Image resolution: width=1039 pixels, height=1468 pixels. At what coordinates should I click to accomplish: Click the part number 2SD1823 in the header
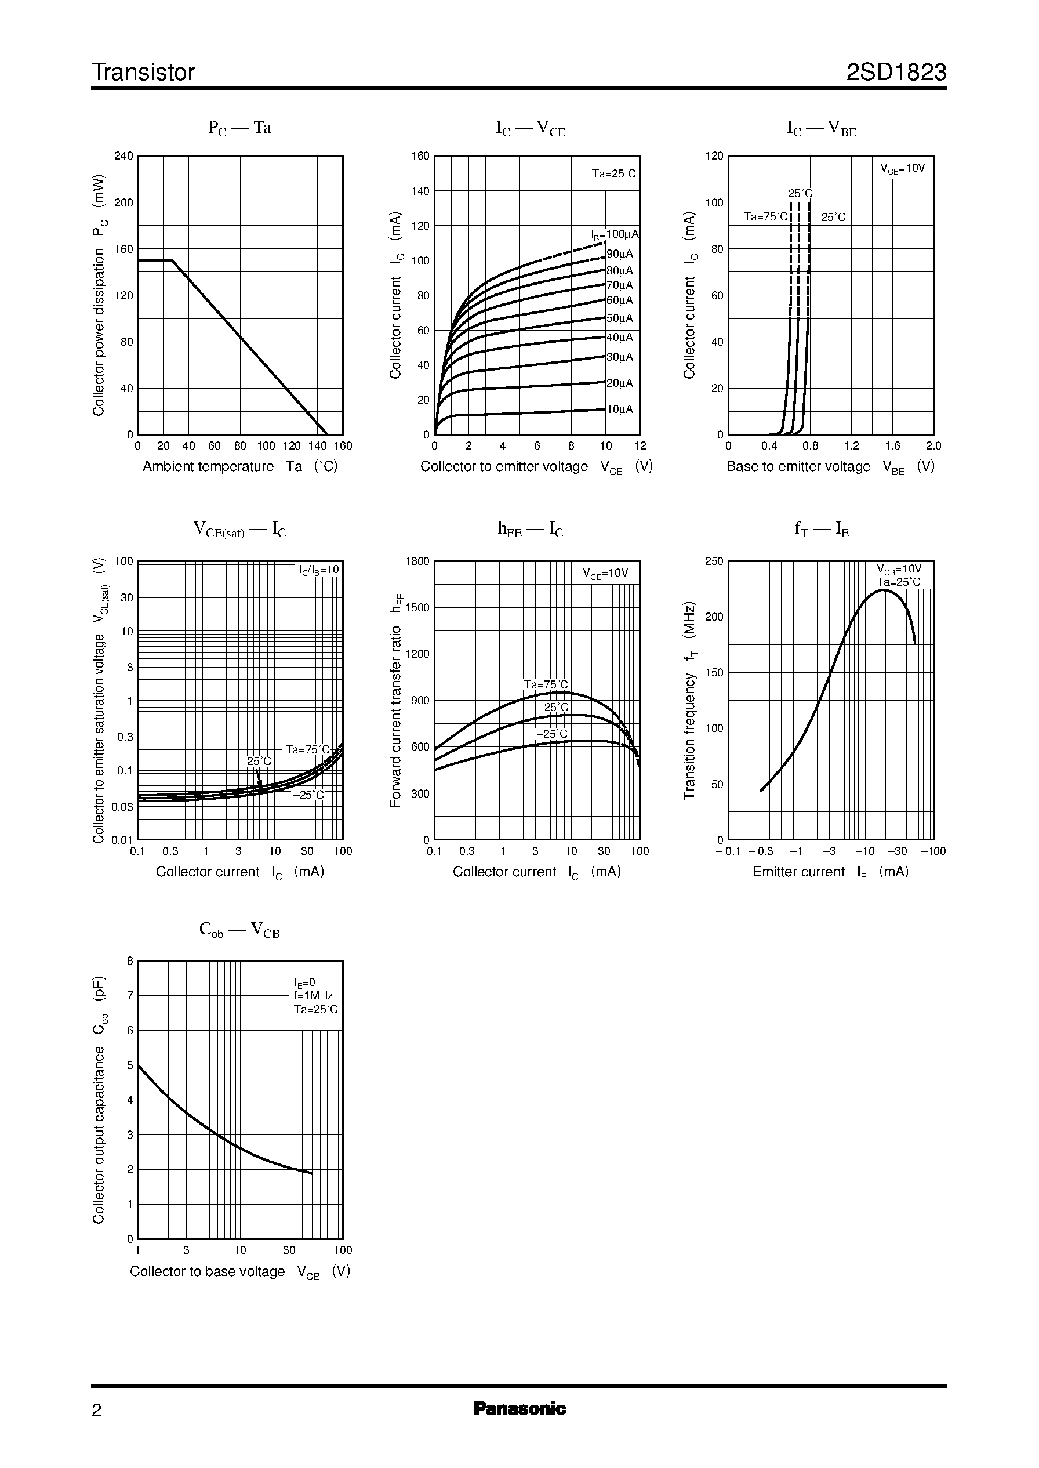(896, 73)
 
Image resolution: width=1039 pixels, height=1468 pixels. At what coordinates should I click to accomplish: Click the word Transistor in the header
(143, 73)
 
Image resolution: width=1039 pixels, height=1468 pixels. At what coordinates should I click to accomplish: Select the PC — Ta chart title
(239, 128)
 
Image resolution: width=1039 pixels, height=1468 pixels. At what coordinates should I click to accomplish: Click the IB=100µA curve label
(614, 235)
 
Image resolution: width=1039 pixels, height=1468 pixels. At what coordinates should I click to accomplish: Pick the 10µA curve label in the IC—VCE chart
(619, 409)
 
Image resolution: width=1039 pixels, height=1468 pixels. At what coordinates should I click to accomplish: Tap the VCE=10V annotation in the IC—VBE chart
(902, 169)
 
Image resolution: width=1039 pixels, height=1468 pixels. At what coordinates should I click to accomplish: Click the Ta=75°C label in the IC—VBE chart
(766, 217)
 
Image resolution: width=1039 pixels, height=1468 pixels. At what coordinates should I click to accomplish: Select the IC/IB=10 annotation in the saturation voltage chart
(319, 570)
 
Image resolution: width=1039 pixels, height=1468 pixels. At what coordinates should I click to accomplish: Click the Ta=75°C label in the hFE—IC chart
(546, 685)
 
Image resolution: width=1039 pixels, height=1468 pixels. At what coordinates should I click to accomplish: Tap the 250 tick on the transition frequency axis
(713, 561)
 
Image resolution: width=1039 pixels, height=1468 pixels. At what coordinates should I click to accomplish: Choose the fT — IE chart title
(822, 529)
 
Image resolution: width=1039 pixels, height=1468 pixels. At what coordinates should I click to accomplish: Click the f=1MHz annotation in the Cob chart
(314, 996)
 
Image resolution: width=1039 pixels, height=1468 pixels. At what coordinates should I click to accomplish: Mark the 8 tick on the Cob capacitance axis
(130, 960)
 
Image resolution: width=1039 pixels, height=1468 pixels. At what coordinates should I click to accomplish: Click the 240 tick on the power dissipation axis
(123, 155)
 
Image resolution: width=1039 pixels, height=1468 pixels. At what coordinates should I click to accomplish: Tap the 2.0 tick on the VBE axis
(933, 446)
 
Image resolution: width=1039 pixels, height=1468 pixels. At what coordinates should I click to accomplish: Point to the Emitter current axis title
(830, 872)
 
